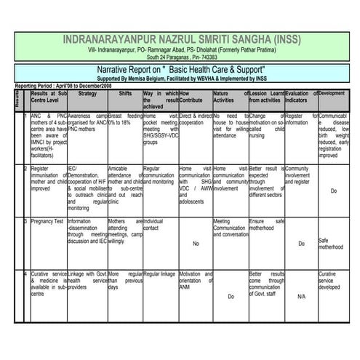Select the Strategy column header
pos(87,94)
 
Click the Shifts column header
pos(125,94)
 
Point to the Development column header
pos(332,94)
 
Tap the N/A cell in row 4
pos(301,296)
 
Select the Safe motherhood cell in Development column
pos(332,244)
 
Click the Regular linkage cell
pos(160,273)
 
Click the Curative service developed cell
pos(332,281)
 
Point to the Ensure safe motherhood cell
pos(265,224)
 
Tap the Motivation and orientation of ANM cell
pos(195,281)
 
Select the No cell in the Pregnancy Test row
pos(195,244)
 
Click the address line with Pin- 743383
pos(180,56)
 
